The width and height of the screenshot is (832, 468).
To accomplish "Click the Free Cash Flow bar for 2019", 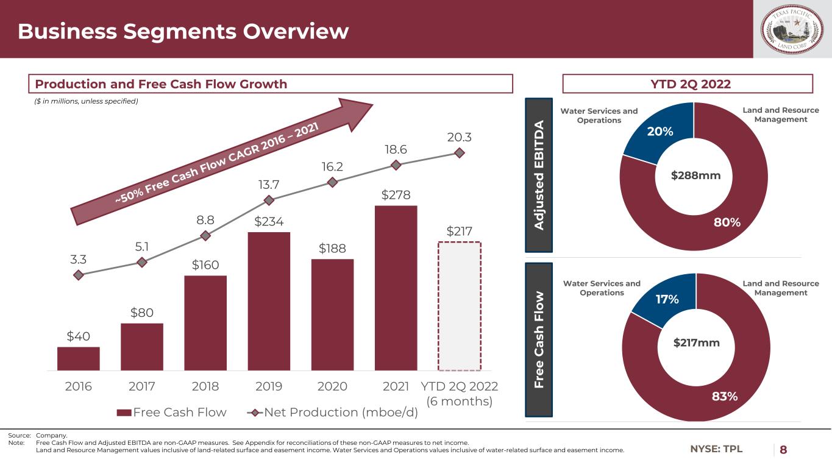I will pyautogui.click(x=269, y=301).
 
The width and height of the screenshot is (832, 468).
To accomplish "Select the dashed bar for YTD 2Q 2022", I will pyautogui.click(x=459, y=306).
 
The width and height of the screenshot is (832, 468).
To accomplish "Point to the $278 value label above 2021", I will pyautogui.click(x=396, y=195).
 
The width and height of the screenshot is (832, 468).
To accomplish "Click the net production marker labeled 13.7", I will pyautogui.click(x=269, y=199).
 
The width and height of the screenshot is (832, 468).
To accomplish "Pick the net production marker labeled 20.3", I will pyautogui.click(x=459, y=152).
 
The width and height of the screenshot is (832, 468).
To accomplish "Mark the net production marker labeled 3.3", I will pyautogui.click(x=78, y=275).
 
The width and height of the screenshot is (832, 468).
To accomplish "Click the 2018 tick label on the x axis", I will pyautogui.click(x=205, y=387).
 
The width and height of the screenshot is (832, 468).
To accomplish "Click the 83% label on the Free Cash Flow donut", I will pyautogui.click(x=725, y=396).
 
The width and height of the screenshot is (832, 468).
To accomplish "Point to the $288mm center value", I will pyautogui.click(x=695, y=176).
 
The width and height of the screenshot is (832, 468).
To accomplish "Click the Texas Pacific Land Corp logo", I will pyautogui.click(x=792, y=29).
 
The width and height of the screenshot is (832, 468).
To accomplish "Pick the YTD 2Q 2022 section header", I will pyautogui.click(x=688, y=84).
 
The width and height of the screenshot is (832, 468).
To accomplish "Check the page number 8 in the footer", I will pyautogui.click(x=783, y=450).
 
